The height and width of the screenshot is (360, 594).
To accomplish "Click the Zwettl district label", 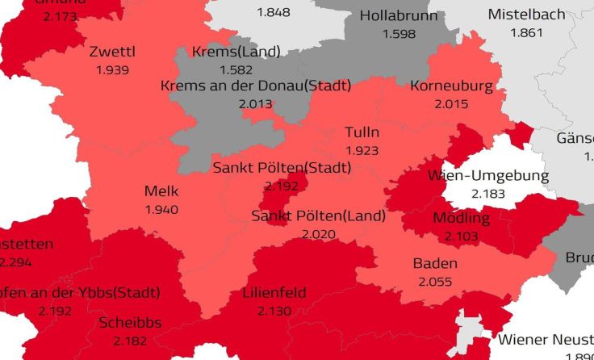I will point(112,52).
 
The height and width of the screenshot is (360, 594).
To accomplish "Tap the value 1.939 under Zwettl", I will point(112,70).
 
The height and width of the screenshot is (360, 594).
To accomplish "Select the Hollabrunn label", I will point(399,16).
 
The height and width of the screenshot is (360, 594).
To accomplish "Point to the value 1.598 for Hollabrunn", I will point(399,34).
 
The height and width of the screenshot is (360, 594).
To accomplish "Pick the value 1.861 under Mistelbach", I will point(527,32).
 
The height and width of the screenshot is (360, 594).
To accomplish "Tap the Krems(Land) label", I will point(236,52).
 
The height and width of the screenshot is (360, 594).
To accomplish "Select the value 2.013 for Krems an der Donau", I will point(255,104).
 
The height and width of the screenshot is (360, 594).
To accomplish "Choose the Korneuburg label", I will point(451,86).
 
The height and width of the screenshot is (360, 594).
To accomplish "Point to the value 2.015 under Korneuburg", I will point(451,104).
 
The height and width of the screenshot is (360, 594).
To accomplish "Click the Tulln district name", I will point(362,132).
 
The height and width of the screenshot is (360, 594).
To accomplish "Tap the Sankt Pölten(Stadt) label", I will point(282,168).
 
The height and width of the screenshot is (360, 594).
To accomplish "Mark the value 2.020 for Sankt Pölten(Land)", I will point(318,234).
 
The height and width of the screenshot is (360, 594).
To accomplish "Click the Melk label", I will point(161,191).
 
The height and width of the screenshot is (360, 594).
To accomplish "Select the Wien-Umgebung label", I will point(487,176).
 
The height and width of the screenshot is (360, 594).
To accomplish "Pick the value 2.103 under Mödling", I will point(461,236).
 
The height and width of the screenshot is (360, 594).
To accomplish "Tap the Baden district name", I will point(435,263).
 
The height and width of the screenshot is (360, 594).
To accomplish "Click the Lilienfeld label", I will point(274,292).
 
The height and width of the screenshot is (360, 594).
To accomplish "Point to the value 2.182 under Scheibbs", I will point(131,341).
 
